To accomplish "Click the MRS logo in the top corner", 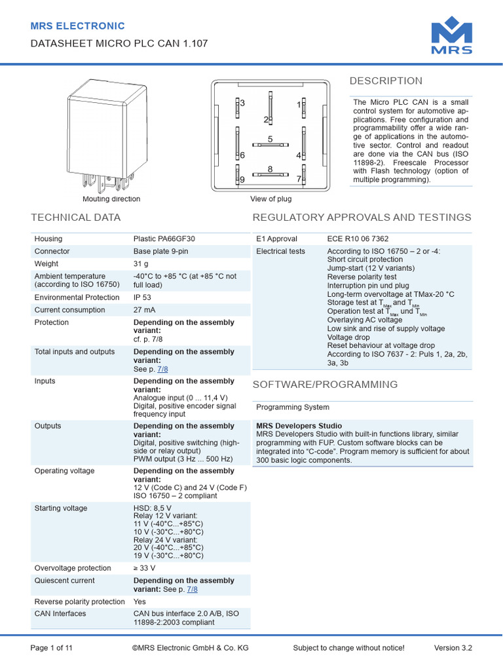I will click(x=451, y=38).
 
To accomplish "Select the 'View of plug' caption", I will click(x=270, y=199).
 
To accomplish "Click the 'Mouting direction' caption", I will click(x=111, y=199).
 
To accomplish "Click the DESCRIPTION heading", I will click(x=386, y=81).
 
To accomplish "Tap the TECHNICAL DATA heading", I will click(x=76, y=218).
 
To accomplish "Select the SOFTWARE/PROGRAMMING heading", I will click(x=325, y=385).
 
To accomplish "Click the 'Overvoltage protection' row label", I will click(x=73, y=568).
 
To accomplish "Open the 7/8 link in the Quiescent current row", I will click(x=192, y=589).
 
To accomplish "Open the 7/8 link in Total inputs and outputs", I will click(x=162, y=369).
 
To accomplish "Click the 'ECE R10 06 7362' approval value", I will click(x=362, y=239).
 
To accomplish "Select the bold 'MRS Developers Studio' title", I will click(x=299, y=426).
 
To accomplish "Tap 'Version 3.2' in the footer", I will click(x=453, y=648).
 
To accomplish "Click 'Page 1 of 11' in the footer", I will click(x=52, y=648).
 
